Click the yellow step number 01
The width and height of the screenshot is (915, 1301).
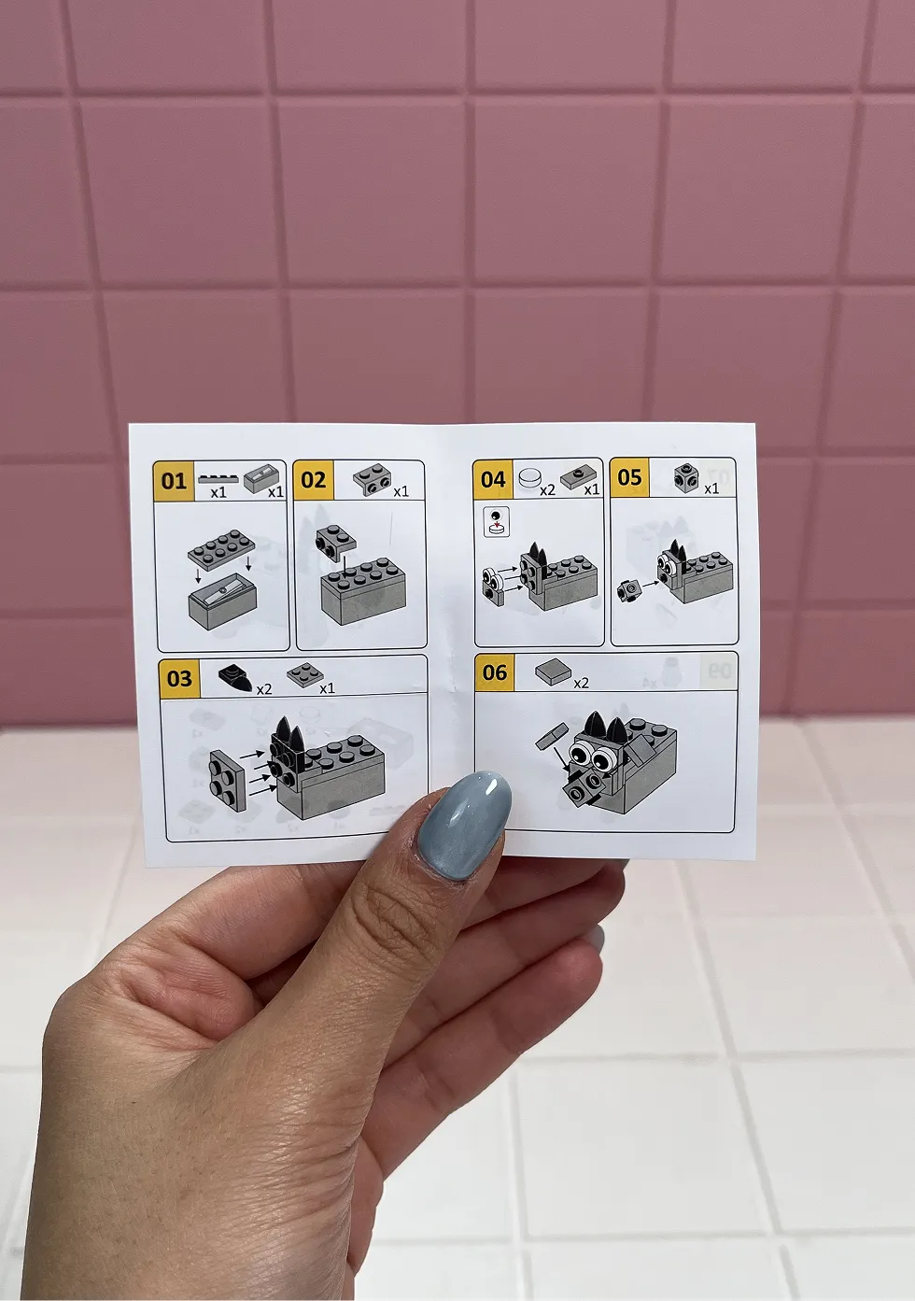(174, 481)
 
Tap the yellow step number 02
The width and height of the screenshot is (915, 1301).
(314, 480)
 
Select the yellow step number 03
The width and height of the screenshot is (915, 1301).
(179, 678)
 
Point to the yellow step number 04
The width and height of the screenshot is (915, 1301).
(493, 479)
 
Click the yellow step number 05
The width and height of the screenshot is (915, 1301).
(629, 477)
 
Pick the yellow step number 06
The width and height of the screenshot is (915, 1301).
(495, 672)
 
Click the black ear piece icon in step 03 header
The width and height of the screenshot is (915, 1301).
(235, 676)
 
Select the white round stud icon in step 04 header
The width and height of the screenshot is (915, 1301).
(529, 478)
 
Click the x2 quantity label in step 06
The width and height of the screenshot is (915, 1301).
(581, 683)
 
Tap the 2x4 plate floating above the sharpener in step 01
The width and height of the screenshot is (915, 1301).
(222, 546)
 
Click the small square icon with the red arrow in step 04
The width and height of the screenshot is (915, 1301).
(497, 521)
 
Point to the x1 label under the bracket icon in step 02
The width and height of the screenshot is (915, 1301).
(401, 492)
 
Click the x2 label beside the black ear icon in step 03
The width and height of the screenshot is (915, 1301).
(263, 689)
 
